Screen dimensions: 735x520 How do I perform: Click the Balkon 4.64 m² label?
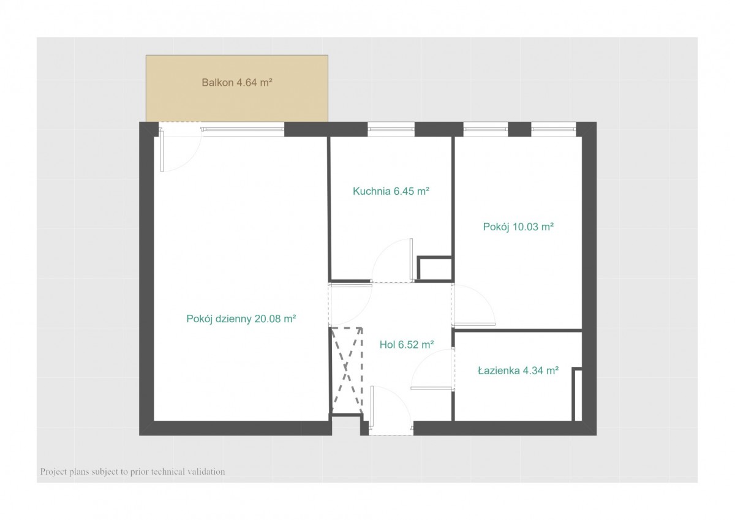coord(237,82)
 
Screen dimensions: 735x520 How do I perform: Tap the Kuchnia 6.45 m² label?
coord(391,191)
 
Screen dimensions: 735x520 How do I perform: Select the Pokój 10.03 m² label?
coord(518,227)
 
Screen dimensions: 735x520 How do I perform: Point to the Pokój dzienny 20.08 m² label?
coord(241,318)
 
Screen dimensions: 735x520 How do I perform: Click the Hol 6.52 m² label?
coord(407,344)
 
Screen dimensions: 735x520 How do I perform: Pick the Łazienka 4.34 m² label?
coord(518,371)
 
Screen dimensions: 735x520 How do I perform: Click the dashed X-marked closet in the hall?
coord(347,371)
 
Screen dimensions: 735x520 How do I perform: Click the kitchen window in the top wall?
coord(391,129)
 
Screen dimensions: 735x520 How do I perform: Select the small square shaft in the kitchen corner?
coord(434,269)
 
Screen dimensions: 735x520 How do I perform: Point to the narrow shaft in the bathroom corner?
coord(577,394)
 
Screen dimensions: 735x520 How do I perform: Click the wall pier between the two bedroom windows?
coord(519,129)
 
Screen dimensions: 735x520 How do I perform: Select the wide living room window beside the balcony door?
coord(243,130)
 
